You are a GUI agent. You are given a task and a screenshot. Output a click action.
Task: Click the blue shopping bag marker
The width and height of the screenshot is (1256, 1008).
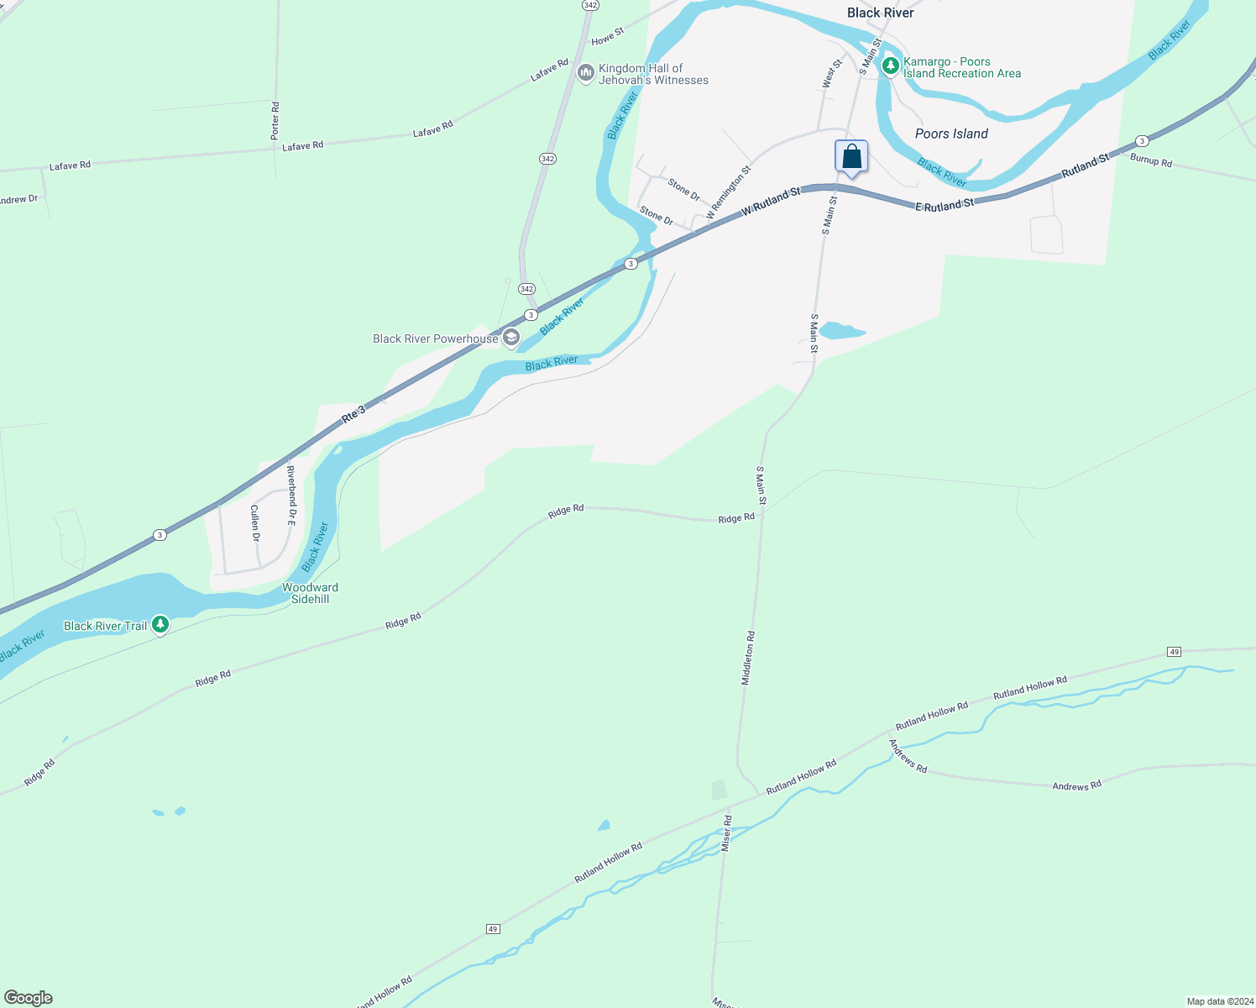pyautogui.click(x=851, y=157)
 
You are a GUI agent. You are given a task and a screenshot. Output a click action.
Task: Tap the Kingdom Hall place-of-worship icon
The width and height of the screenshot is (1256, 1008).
pyautogui.click(x=586, y=74)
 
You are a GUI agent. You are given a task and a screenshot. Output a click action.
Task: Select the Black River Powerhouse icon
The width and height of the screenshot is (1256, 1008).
pyautogui.click(x=510, y=339)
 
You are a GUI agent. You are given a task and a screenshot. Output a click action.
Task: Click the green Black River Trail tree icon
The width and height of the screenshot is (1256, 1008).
pyautogui.click(x=160, y=625)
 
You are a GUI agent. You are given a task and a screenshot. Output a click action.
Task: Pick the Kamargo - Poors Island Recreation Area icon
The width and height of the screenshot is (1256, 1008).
pyautogui.click(x=890, y=66)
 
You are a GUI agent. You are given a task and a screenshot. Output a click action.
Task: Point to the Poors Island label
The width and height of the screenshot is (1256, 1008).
pyautogui.click(x=950, y=134)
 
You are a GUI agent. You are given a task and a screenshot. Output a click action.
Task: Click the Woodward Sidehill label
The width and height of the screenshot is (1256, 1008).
pyautogui.click(x=310, y=593)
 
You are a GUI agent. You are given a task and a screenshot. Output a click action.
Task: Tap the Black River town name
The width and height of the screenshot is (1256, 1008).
pyautogui.click(x=880, y=13)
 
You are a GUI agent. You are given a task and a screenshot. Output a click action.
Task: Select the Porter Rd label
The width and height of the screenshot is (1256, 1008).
pyautogui.click(x=275, y=120)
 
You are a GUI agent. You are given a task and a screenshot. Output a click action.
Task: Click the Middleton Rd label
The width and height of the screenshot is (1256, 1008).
pyautogui.click(x=748, y=658)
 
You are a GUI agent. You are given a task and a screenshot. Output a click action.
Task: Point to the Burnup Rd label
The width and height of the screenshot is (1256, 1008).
pyautogui.click(x=1150, y=160)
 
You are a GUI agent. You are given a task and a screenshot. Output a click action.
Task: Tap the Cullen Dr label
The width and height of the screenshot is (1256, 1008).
pyautogui.click(x=255, y=522)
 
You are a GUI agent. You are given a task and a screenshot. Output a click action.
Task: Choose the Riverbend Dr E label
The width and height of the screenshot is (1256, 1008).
pyautogui.click(x=291, y=496)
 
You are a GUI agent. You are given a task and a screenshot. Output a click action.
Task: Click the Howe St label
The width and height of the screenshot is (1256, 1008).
pyautogui.click(x=608, y=37)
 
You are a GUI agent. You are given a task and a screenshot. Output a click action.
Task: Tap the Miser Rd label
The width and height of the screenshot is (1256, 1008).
pyautogui.click(x=727, y=832)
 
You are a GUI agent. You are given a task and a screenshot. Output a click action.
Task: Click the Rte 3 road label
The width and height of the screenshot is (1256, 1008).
pyautogui.click(x=353, y=413)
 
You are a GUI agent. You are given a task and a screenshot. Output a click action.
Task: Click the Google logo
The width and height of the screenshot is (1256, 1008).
pyautogui.click(x=29, y=998)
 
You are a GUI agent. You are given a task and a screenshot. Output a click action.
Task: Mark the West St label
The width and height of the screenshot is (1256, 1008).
pyautogui.click(x=831, y=74)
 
